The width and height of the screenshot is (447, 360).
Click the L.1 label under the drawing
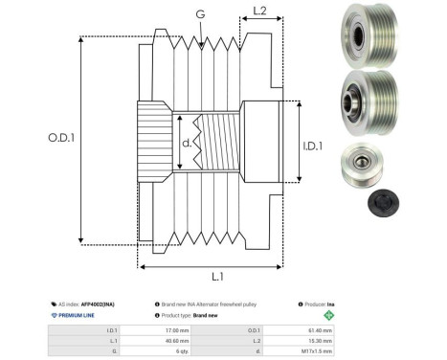(x=217, y=276)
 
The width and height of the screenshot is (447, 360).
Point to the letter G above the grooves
(x=199, y=13)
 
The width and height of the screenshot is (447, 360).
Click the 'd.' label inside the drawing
(x=187, y=146)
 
